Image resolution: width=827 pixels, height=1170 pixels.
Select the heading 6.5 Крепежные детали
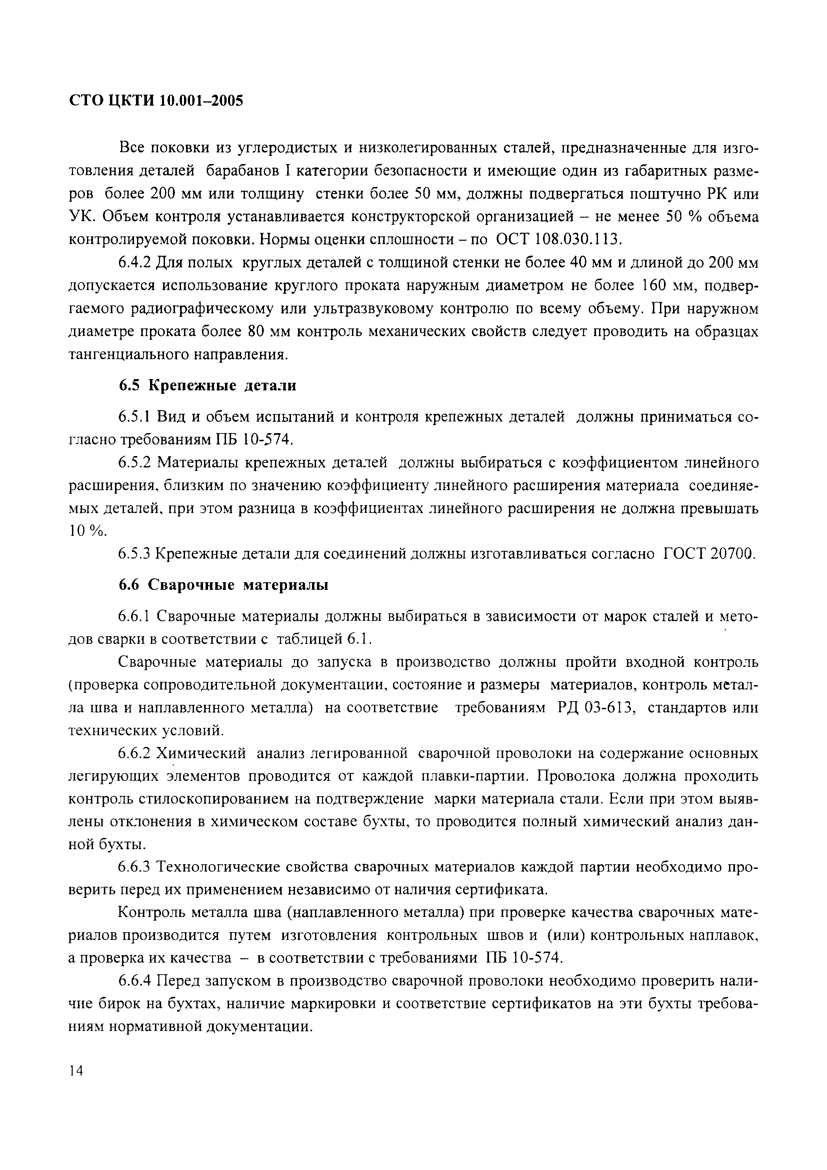(x=207, y=386)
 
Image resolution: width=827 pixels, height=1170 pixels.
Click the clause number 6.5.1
(x=135, y=417)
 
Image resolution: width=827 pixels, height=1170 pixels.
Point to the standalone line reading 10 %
(x=88, y=531)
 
